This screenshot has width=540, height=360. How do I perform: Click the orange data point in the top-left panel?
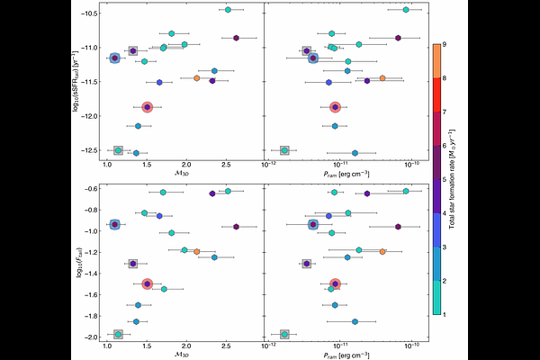coord(196,78)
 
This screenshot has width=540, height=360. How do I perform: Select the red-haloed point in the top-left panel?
coord(147,107)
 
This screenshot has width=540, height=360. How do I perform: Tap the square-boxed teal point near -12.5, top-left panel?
coord(119,150)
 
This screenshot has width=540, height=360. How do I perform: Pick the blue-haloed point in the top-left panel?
coord(114,58)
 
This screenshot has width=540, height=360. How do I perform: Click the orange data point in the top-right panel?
coord(382,78)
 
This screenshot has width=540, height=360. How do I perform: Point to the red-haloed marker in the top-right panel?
coord(335,107)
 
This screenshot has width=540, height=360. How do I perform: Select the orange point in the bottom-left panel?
coord(196,252)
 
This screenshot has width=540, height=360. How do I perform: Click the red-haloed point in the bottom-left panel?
coord(147,283)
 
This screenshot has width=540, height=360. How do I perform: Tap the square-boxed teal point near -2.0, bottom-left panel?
coord(118,335)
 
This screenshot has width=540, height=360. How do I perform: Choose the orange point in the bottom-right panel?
coord(382,252)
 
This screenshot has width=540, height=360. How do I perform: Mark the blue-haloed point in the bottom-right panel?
coord(313,225)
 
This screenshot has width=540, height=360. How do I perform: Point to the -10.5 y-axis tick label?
coord(88,13)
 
